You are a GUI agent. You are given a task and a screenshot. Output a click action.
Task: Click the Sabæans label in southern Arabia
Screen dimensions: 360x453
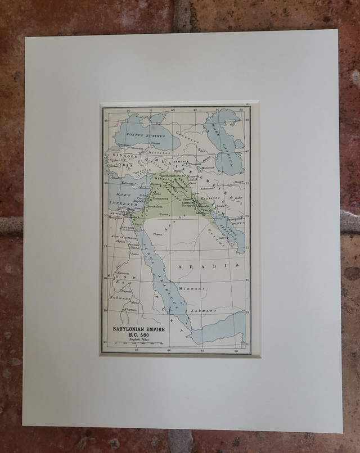click(202, 310)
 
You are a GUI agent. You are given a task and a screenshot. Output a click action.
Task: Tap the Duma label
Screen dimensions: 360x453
click(165, 214)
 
